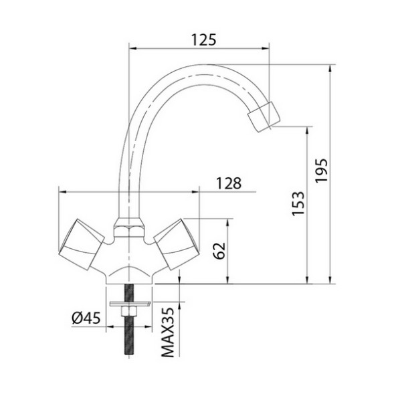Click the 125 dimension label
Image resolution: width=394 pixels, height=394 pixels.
coord(199,39)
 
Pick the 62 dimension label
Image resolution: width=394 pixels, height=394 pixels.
coord(218,250)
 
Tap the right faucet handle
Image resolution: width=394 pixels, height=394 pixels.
coord(175,243)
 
